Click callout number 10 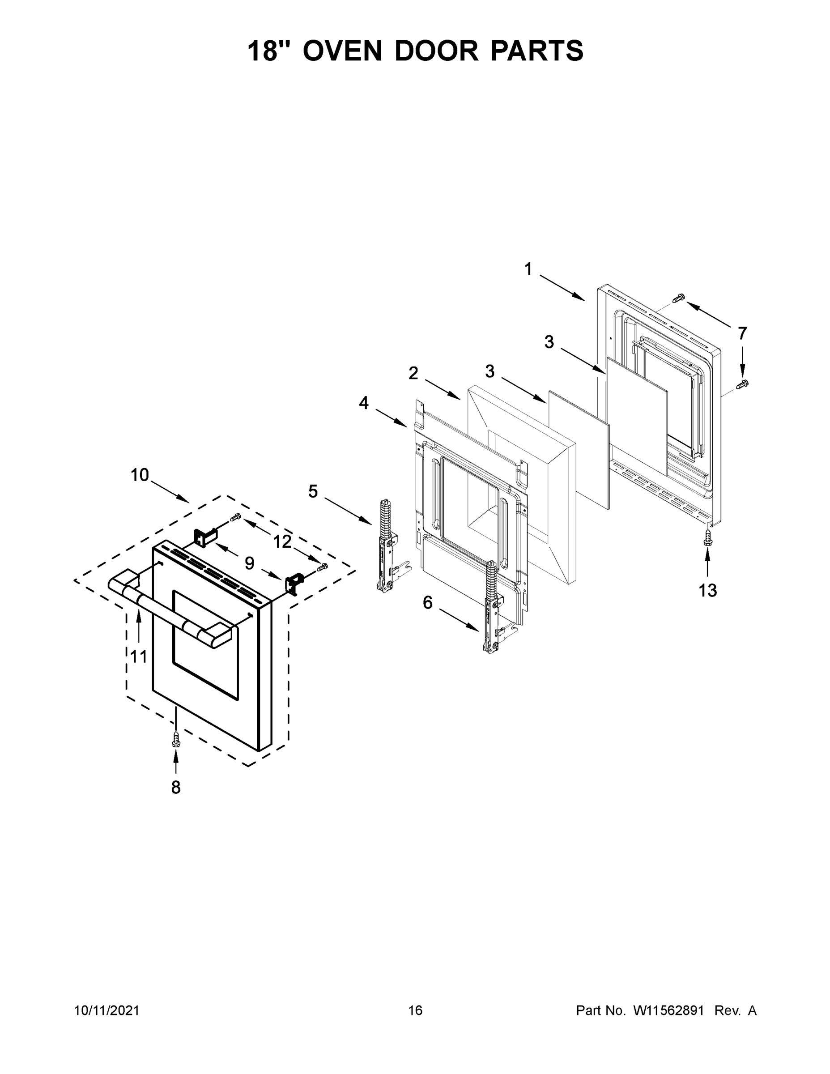pos(140,475)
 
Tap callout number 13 pos(707,590)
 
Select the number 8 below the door pos(175,787)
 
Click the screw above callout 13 pos(707,537)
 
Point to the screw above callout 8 pos(175,739)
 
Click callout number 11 pos(139,656)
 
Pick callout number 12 pos(282,541)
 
